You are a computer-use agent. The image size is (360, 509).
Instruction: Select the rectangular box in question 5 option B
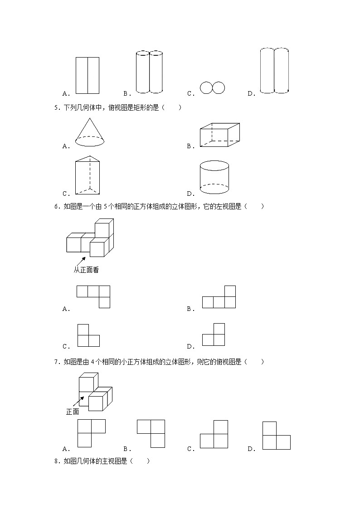[x=220, y=135]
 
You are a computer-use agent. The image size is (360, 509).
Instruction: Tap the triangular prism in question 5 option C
[x=88, y=176]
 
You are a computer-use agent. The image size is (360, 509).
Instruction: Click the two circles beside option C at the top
[x=213, y=88]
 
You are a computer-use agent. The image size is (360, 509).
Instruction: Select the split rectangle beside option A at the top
[x=88, y=75]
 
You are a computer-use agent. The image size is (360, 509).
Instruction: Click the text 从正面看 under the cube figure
[x=86, y=270]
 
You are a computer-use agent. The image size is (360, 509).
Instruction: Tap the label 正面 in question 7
[x=73, y=412]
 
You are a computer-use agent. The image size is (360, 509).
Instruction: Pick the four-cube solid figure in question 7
[x=95, y=391]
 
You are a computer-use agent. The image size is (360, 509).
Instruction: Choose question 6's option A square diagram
[x=93, y=296]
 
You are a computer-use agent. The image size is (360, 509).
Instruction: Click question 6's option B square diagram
[x=219, y=297]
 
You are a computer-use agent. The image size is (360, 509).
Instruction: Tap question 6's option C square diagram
[x=88, y=335]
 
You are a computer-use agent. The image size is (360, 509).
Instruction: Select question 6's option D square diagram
[x=214, y=335]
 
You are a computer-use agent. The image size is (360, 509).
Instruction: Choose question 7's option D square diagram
[x=276, y=436]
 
